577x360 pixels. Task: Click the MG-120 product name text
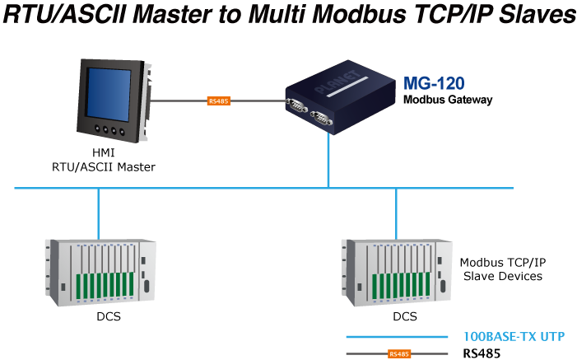tap(433, 83)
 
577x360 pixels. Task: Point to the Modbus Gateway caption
tap(447, 100)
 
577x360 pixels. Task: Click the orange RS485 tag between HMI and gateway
tap(219, 101)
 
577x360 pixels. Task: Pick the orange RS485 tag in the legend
tap(399, 354)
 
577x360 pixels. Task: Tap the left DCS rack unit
tap(99, 269)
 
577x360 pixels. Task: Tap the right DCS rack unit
tap(397, 269)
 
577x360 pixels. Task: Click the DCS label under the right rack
tap(404, 316)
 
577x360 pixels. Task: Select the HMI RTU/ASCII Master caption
tap(103, 161)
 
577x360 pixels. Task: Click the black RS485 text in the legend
tap(482, 354)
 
